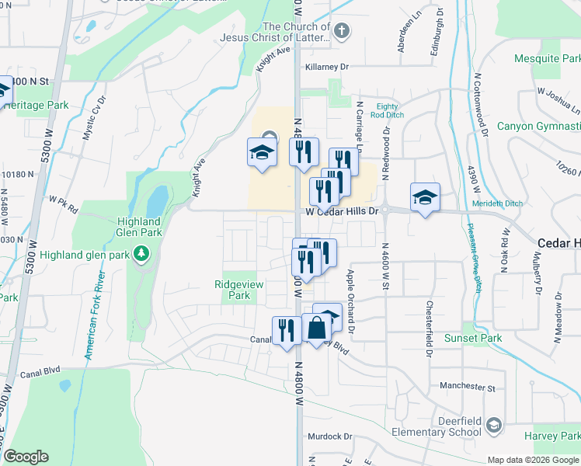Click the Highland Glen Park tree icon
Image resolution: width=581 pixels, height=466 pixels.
pos(141,253)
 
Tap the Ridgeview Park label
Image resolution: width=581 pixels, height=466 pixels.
pos(238,290)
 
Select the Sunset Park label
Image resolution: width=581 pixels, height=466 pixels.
pos(472,338)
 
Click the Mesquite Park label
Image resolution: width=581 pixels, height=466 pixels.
pos(547,59)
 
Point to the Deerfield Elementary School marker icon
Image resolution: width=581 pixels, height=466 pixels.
pos(495,425)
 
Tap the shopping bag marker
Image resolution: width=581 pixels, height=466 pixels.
pos(317,329)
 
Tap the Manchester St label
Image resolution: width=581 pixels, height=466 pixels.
pos(466,386)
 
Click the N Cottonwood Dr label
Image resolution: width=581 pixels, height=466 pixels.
pos(479,108)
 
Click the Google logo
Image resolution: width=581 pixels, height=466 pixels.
pos(26,457)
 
